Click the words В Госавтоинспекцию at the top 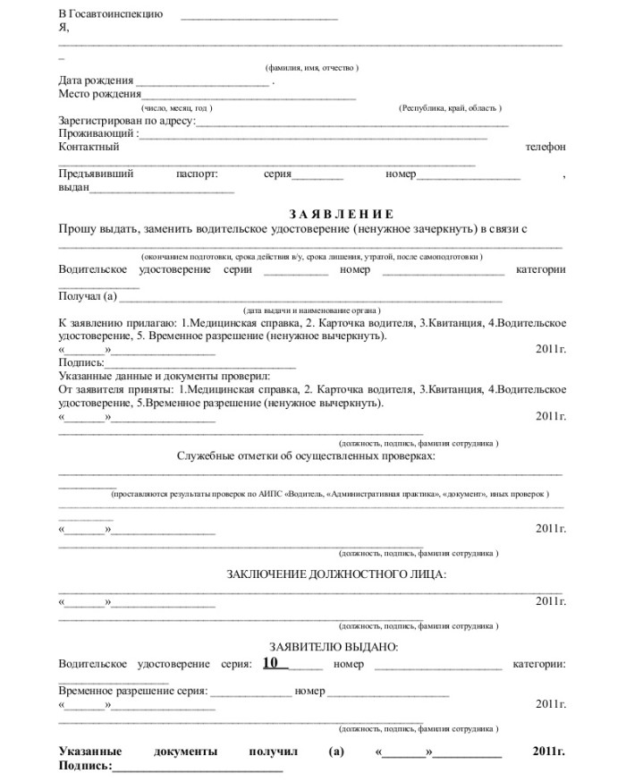(x=110, y=14)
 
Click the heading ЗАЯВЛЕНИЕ (x=341, y=214)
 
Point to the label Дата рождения (x=96, y=81)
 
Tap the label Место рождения (x=99, y=94)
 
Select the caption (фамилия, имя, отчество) (x=312, y=68)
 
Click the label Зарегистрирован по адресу (x=126, y=121)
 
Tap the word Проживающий (x=97, y=133)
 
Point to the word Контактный (x=89, y=147)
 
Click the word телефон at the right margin (x=545, y=147)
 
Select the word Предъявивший (x=96, y=174)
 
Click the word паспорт (x=198, y=174)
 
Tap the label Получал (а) (x=88, y=296)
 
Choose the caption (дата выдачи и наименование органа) (x=311, y=309)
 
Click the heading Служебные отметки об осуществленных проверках (x=306, y=455)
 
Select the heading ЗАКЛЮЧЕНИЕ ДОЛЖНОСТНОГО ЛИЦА (x=336, y=574)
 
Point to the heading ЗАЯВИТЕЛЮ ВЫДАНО (x=334, y=646)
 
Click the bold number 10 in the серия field (x=275, y=663)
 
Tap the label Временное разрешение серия (x=132, y=691)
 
